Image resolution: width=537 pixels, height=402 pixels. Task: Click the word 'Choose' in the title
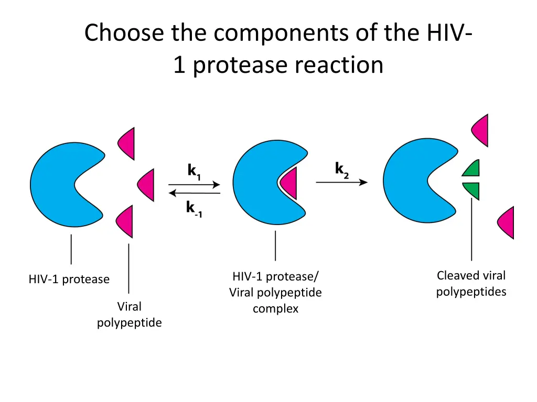(124, 33)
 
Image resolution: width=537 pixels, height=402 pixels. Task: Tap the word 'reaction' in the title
(339, 65)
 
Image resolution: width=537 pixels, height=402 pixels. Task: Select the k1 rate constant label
(194, 171)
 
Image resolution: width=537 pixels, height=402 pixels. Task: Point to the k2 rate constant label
(342, 170)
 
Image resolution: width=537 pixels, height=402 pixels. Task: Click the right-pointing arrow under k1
(194, 184)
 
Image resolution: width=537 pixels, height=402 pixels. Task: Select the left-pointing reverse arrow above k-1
(194, 193)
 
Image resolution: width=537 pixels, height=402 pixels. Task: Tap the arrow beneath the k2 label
(341, 182)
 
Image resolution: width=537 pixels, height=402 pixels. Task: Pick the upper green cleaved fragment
(472, 168)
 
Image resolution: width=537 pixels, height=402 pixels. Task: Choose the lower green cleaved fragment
(472, 190)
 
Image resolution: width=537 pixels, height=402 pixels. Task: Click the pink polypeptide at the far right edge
(507, 222)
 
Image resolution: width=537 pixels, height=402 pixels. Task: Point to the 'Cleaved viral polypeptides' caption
(471, 283)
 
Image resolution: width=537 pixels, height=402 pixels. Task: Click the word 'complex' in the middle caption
(275, 309)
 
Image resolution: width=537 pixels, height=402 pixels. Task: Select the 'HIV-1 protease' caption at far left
(69, 280)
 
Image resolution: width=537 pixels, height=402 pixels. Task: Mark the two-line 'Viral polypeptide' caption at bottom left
(129, 314)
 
